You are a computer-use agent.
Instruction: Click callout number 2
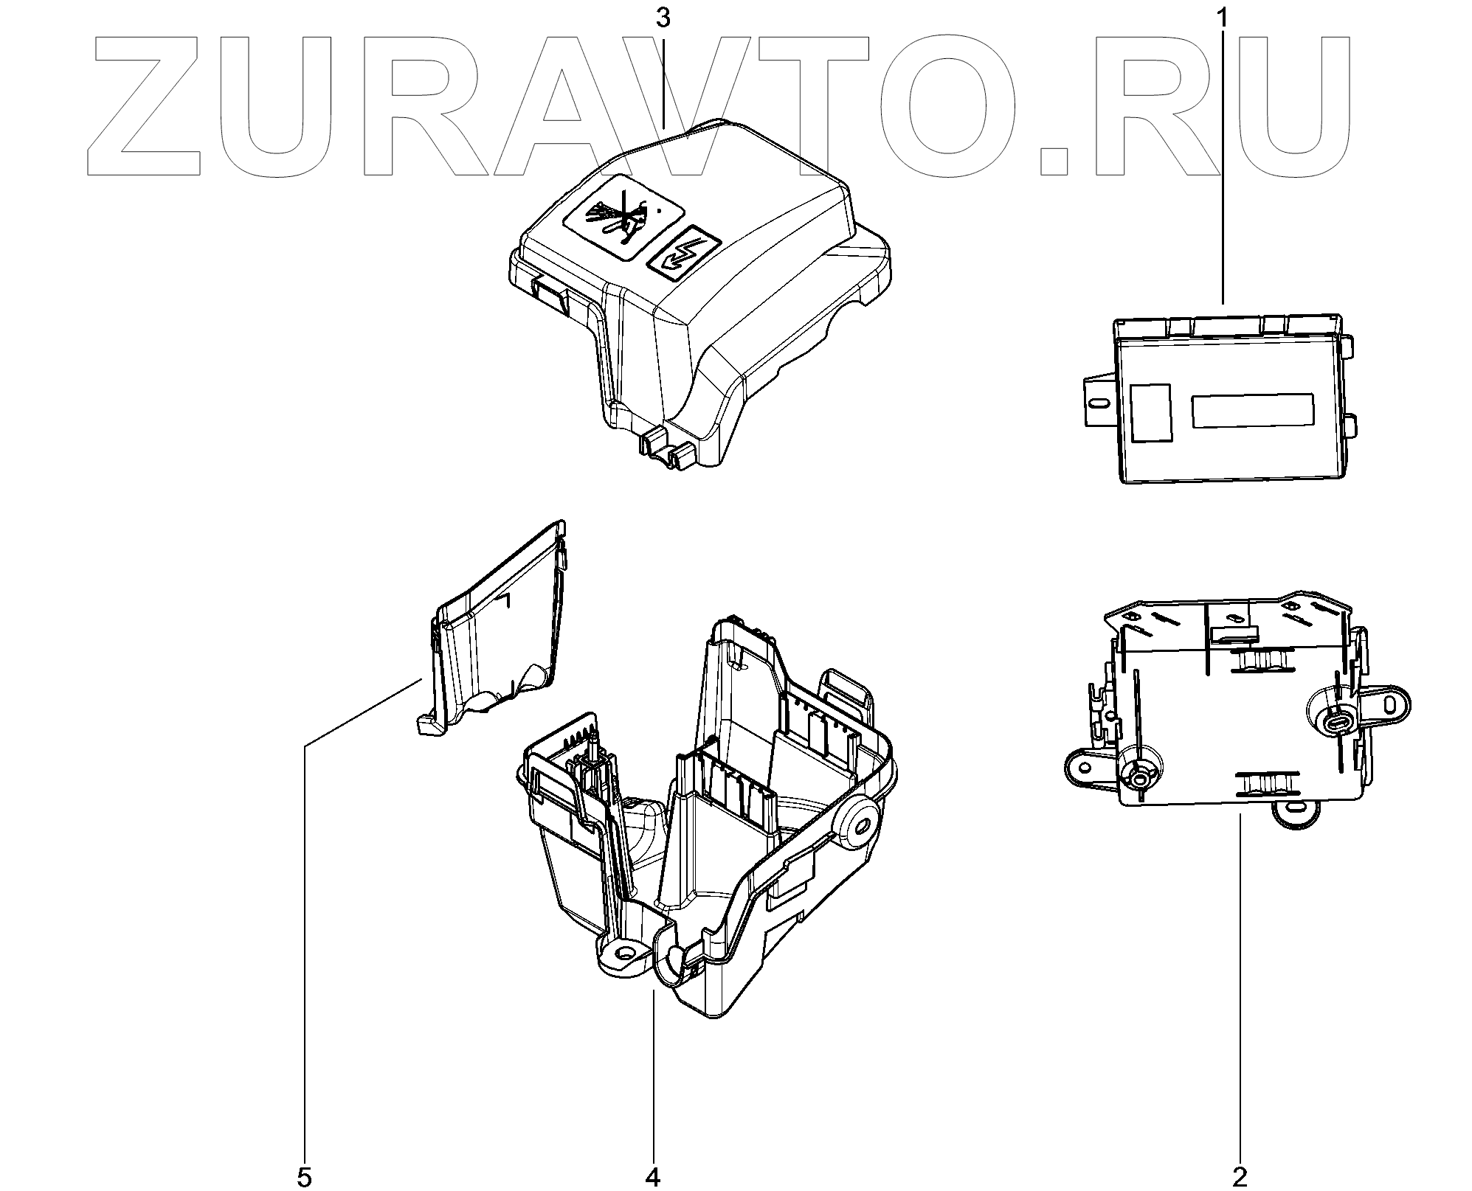click(x=1240, y=1176)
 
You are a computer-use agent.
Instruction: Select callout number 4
click(x=654, y=1177)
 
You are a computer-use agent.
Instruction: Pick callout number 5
click(x=305, y=1177)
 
